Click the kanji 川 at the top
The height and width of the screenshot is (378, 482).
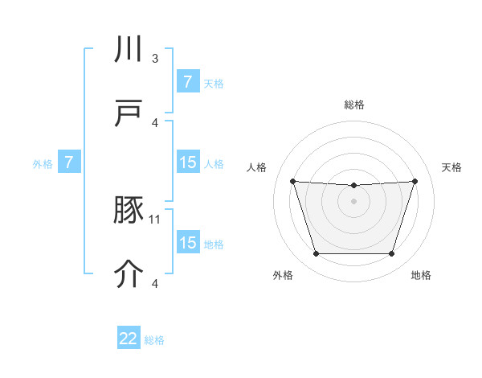[129, 50]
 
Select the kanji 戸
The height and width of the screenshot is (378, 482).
[129, 113]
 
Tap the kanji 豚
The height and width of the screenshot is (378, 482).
[129, 211]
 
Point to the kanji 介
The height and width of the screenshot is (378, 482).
[129, 274]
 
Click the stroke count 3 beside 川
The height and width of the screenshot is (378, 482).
[155, 59]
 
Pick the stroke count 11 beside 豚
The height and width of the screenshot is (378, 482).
[156, 219]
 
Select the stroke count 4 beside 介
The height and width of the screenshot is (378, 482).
[155, 283]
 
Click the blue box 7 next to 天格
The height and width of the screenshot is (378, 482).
[188, 82]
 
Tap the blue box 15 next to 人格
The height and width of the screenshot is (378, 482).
[188, 162]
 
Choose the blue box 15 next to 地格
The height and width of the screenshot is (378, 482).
[188, 243]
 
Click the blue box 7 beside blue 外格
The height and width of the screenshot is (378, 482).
[69, 162]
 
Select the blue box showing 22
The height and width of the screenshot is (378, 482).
[129, 339]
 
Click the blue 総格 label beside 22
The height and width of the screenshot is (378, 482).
[154, 340]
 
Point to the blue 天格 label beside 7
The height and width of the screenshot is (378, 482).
[214, 83]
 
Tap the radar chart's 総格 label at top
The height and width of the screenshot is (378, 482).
[354, 105]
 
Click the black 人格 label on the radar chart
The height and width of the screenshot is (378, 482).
[258, 167]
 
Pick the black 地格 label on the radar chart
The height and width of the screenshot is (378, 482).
[421, 275]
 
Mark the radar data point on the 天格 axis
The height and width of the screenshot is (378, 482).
[415, 181]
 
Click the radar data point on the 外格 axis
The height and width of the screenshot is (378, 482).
[316, 254]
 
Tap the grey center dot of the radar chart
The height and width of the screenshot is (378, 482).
[353, 201]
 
